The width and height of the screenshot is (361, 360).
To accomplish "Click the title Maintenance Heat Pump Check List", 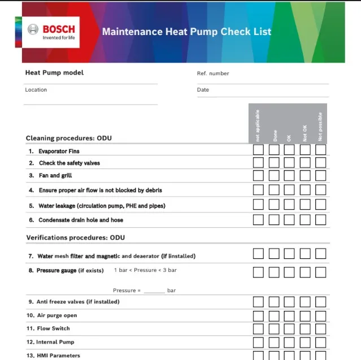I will [186, 32].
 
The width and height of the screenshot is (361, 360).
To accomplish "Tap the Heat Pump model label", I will [54, 73].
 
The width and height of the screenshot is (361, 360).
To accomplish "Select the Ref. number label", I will [213, 73].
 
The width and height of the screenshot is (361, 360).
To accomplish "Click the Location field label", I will [36, 90].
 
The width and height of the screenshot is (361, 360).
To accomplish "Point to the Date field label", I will [203, 90].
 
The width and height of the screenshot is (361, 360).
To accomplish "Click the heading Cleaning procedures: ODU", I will [72, 138].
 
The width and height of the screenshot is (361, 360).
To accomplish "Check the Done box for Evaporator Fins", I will [274, 150].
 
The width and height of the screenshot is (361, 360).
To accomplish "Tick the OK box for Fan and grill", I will [289, 176].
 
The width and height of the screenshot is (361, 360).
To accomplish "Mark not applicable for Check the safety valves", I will [258, 163].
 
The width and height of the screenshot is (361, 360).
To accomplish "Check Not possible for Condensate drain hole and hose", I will [321, 219].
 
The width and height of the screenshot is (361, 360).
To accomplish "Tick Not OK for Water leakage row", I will [305, 205].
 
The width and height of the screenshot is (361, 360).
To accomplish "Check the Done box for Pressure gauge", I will [274, 272].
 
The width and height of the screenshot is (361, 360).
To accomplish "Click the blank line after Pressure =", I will [154, 291].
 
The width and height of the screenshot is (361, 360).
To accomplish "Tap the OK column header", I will [289, 137].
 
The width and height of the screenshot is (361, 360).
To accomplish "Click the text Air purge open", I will [57, 315].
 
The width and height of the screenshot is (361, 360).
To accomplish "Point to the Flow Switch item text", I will [54, 328].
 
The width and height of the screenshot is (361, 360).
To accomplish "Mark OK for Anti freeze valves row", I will [289, 302].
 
